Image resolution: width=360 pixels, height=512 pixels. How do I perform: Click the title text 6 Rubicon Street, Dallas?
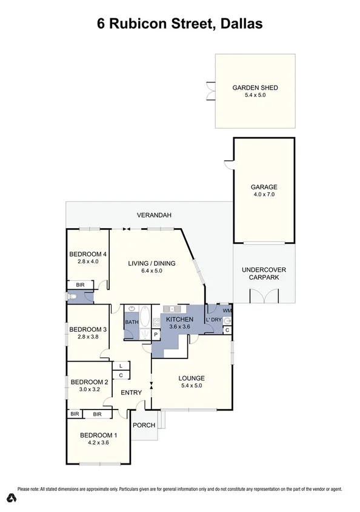click(179, 24)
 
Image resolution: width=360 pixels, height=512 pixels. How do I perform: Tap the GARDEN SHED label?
click(255, 87)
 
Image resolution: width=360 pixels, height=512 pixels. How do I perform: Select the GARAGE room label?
click(264, 187)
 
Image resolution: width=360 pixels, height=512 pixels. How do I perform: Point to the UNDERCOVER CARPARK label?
click(264, 274)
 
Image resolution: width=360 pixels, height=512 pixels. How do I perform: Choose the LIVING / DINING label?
click(152, 263)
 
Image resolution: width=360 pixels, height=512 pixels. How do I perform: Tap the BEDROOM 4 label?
click(88, 254)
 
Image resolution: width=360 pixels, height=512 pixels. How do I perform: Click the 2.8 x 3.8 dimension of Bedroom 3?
click(88, 337)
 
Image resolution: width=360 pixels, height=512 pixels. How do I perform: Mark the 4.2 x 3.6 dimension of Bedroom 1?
click(98, 443)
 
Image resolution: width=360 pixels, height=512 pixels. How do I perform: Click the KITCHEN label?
click(179, 319)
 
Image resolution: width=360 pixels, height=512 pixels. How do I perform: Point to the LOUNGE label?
click(191, 379)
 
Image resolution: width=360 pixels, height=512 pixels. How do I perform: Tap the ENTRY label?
click(131, 392)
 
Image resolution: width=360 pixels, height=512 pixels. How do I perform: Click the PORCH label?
click(144, 425)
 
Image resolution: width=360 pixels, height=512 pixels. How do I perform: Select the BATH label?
click(132, 322)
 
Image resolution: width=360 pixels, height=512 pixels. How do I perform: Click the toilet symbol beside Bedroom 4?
click(72, 297)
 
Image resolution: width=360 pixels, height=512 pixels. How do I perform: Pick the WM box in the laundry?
click(227, 311)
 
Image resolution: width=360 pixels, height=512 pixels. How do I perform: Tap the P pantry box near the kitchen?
click(155, 334)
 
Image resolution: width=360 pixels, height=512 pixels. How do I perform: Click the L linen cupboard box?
click(121, 366)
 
